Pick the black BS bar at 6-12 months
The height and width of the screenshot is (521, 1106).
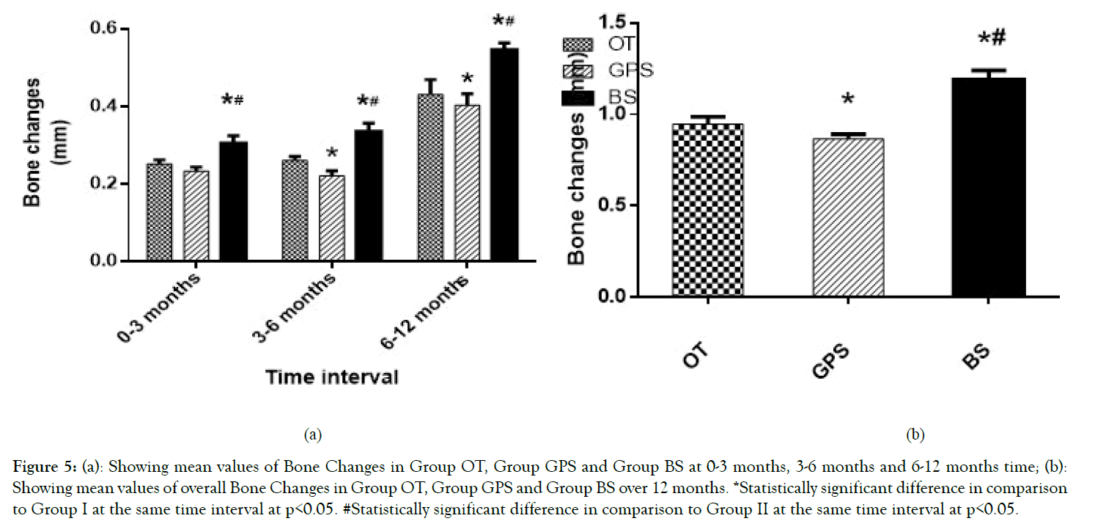(x=504, y=154)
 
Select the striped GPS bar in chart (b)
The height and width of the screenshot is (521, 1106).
(x=847, y=217)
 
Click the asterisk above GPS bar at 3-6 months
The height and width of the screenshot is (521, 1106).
(x=332, y=153)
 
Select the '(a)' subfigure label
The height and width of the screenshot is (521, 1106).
(x=313, y=434)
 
